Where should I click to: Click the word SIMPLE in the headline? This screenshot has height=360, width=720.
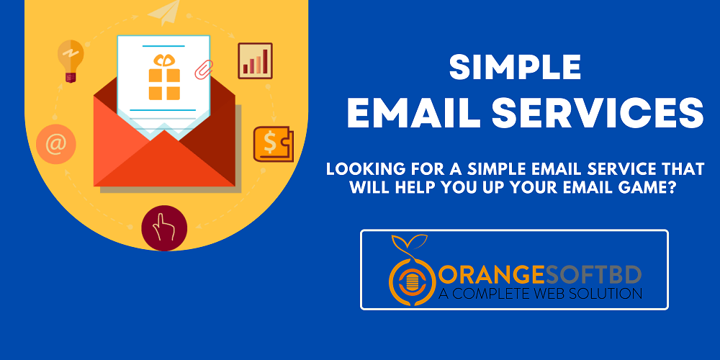[515, 68]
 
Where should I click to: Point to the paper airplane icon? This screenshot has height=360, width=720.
[166, 12]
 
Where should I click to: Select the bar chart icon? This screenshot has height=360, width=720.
[256, 60]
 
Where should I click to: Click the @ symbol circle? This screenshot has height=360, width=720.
[55, 144]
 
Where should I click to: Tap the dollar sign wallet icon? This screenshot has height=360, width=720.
[272, 143]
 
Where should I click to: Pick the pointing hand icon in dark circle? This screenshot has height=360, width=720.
[164, 228]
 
